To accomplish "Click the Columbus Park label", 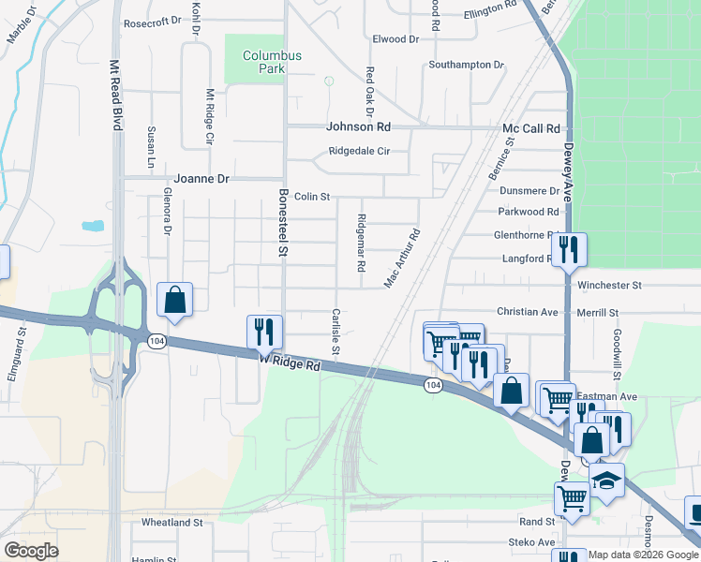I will point(272,62).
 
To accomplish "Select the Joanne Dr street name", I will point(201,178).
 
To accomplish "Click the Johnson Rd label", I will point(358,127).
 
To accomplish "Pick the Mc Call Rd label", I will point(531,128).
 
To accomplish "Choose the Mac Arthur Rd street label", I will point(402,259).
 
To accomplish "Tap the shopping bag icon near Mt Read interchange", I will point(174,300).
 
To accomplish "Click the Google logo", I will point(31,551).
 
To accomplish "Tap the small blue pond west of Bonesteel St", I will point(93,226).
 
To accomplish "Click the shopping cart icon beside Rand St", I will point(572,498).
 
